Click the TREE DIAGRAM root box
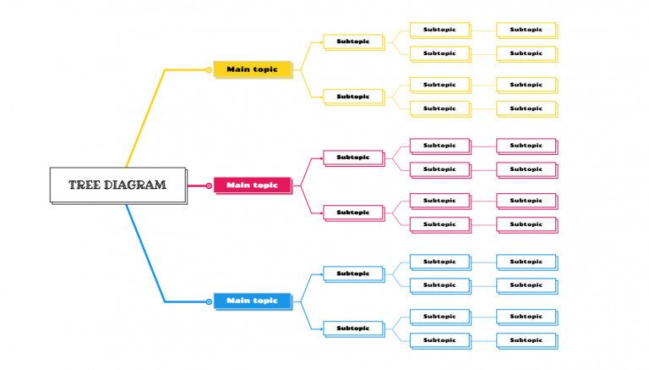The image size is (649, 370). [x=117, y=185]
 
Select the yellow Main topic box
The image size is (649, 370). [x=252, y=69]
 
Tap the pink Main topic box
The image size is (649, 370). [x=252, y=185]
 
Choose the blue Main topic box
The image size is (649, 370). [x=252, y=301]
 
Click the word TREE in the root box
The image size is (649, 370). [x=85, y=185]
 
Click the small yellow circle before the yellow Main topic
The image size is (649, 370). [x=209, y=69]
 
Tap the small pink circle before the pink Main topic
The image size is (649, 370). [x=209, y=185]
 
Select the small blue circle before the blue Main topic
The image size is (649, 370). [x=209, y=301]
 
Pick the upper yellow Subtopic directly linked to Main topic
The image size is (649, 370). [x=352, y=41]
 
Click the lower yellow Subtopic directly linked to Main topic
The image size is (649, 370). [x=352, y=96]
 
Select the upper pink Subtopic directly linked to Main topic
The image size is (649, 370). [x=352, y=157]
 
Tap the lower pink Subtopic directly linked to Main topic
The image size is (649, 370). [x=352, y=212]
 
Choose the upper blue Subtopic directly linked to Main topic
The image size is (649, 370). [x=352, y=273]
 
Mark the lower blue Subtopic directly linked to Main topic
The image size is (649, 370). [x=352, y=328]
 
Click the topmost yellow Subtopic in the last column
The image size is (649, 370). [x=526, y=29]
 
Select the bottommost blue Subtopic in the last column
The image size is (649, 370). [x=526, y=340]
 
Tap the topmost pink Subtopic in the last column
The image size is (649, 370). [x=526, y=145]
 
